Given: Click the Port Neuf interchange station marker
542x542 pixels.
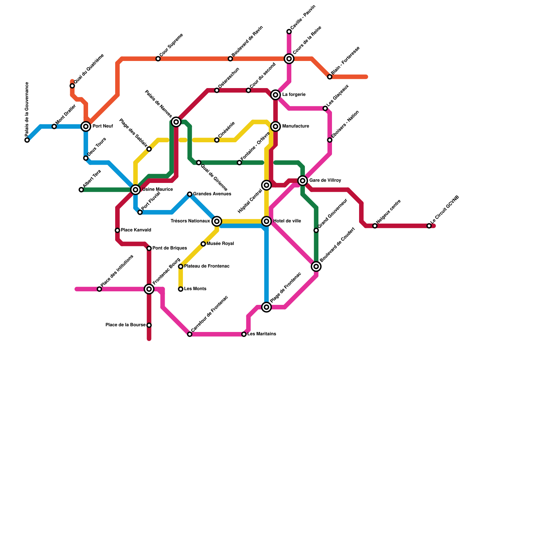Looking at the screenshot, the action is click(86, 126).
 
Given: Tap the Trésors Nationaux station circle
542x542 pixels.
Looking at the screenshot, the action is click(217, 221).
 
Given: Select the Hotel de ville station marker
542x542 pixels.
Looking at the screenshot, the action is click(267, 221).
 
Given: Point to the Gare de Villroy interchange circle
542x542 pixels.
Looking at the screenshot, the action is click(303, 181).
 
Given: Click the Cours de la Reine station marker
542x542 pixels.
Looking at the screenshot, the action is click(289, 59).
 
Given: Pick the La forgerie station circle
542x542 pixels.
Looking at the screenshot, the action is click(276, 95).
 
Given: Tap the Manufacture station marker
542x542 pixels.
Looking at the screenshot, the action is click(276, 126).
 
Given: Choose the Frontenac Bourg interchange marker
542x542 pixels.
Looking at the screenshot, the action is click(149, 289).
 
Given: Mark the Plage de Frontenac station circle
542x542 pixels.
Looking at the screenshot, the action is click(267, 307).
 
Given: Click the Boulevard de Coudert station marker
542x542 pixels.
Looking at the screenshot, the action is click(316, 267).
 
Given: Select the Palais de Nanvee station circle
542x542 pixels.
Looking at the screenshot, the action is click(176, 122).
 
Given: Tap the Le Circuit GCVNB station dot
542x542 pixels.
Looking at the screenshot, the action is click(429, 226).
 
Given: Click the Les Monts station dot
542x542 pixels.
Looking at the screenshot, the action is click(181, 289).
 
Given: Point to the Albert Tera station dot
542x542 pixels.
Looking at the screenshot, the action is click(81, 190).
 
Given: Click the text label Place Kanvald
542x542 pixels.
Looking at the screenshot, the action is click(136, 230).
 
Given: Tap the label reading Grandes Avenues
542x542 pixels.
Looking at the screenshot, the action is click(212, 194).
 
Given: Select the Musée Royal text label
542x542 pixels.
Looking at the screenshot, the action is click(220, 244).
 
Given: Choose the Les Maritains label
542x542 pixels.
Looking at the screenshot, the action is click(262, 334).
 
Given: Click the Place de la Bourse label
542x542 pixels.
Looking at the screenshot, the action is click(125, 325).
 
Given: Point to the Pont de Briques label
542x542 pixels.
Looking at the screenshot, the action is click(169, 248).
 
